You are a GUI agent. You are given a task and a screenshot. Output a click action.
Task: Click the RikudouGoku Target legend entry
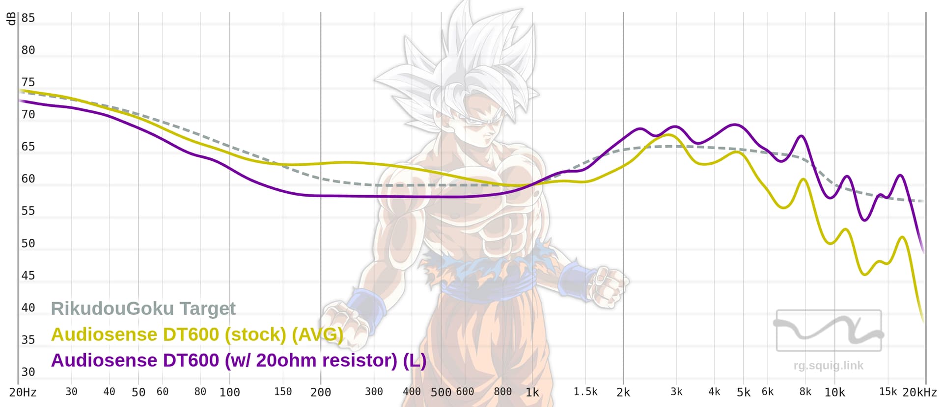(x=143, y=308)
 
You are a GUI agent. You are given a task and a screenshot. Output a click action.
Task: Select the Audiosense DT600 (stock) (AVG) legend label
(x=197, y=334)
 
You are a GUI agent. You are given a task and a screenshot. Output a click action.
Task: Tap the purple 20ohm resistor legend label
(x=238, y=360)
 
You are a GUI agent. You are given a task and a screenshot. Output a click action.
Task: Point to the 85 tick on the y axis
(x=28, y=18)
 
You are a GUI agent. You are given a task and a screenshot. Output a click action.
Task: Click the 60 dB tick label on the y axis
(x=28, y=179)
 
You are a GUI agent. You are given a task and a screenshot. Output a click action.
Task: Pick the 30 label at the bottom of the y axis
(x=28, y=372)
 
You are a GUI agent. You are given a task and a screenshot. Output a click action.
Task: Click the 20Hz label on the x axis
(x=23, y=392)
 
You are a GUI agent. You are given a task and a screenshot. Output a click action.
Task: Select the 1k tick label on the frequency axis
(x=532, y=392)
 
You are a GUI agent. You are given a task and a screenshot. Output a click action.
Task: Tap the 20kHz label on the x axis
(x=919, y=392)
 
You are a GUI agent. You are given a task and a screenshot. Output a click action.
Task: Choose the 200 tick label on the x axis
(x=320, y=392)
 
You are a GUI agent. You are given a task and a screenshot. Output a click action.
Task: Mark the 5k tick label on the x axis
(x=743, y=392)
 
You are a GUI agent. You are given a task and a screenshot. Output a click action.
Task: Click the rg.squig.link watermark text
(x=828, y=365)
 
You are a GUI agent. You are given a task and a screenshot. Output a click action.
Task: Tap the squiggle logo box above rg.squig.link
(x=829, y=331)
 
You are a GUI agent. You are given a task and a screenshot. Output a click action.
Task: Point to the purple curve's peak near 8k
(x=801, y=136)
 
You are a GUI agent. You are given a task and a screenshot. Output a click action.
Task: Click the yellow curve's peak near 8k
(x=804, y=179)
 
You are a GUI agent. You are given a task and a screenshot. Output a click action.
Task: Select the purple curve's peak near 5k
(x=735, y=125)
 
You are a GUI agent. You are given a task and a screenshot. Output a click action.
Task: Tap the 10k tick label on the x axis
(x=834, y=392)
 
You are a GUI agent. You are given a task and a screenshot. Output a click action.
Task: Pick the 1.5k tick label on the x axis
(x=585, y=392)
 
